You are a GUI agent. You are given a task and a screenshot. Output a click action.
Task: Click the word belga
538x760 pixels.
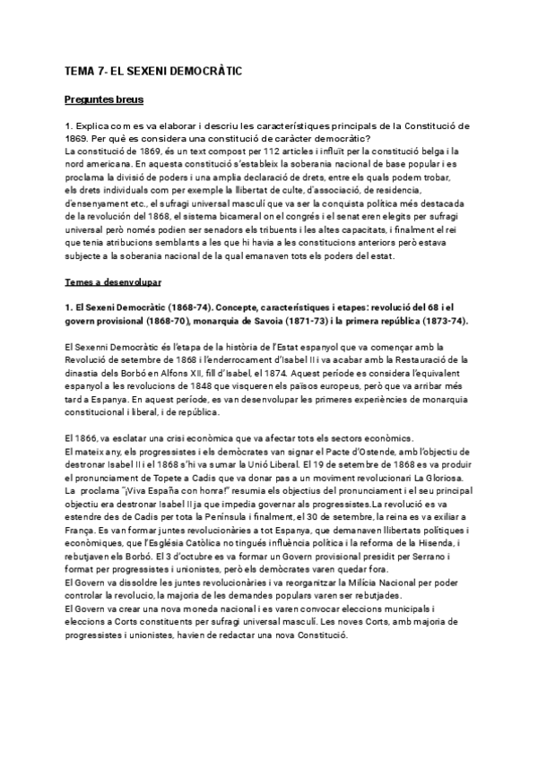click(x=424, y=153)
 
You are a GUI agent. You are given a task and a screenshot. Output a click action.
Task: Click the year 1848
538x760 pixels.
click(x=191, y=379)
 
